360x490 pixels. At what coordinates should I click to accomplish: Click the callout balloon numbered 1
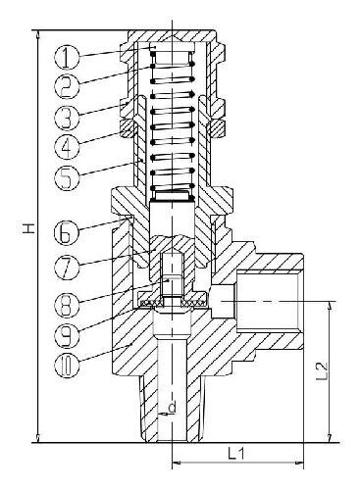point(67,57)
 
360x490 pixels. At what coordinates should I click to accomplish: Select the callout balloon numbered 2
point(67,85)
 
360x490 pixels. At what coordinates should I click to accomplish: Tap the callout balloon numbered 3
point(67,117)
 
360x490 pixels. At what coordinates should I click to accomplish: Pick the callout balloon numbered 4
point(67,147)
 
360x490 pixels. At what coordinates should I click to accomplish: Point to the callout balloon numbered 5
point(67,177)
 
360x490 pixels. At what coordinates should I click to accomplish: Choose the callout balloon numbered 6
point(67,232)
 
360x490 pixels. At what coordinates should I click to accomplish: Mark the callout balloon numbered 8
point(67,305)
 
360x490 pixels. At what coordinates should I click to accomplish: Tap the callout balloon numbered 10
point(67,367)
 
